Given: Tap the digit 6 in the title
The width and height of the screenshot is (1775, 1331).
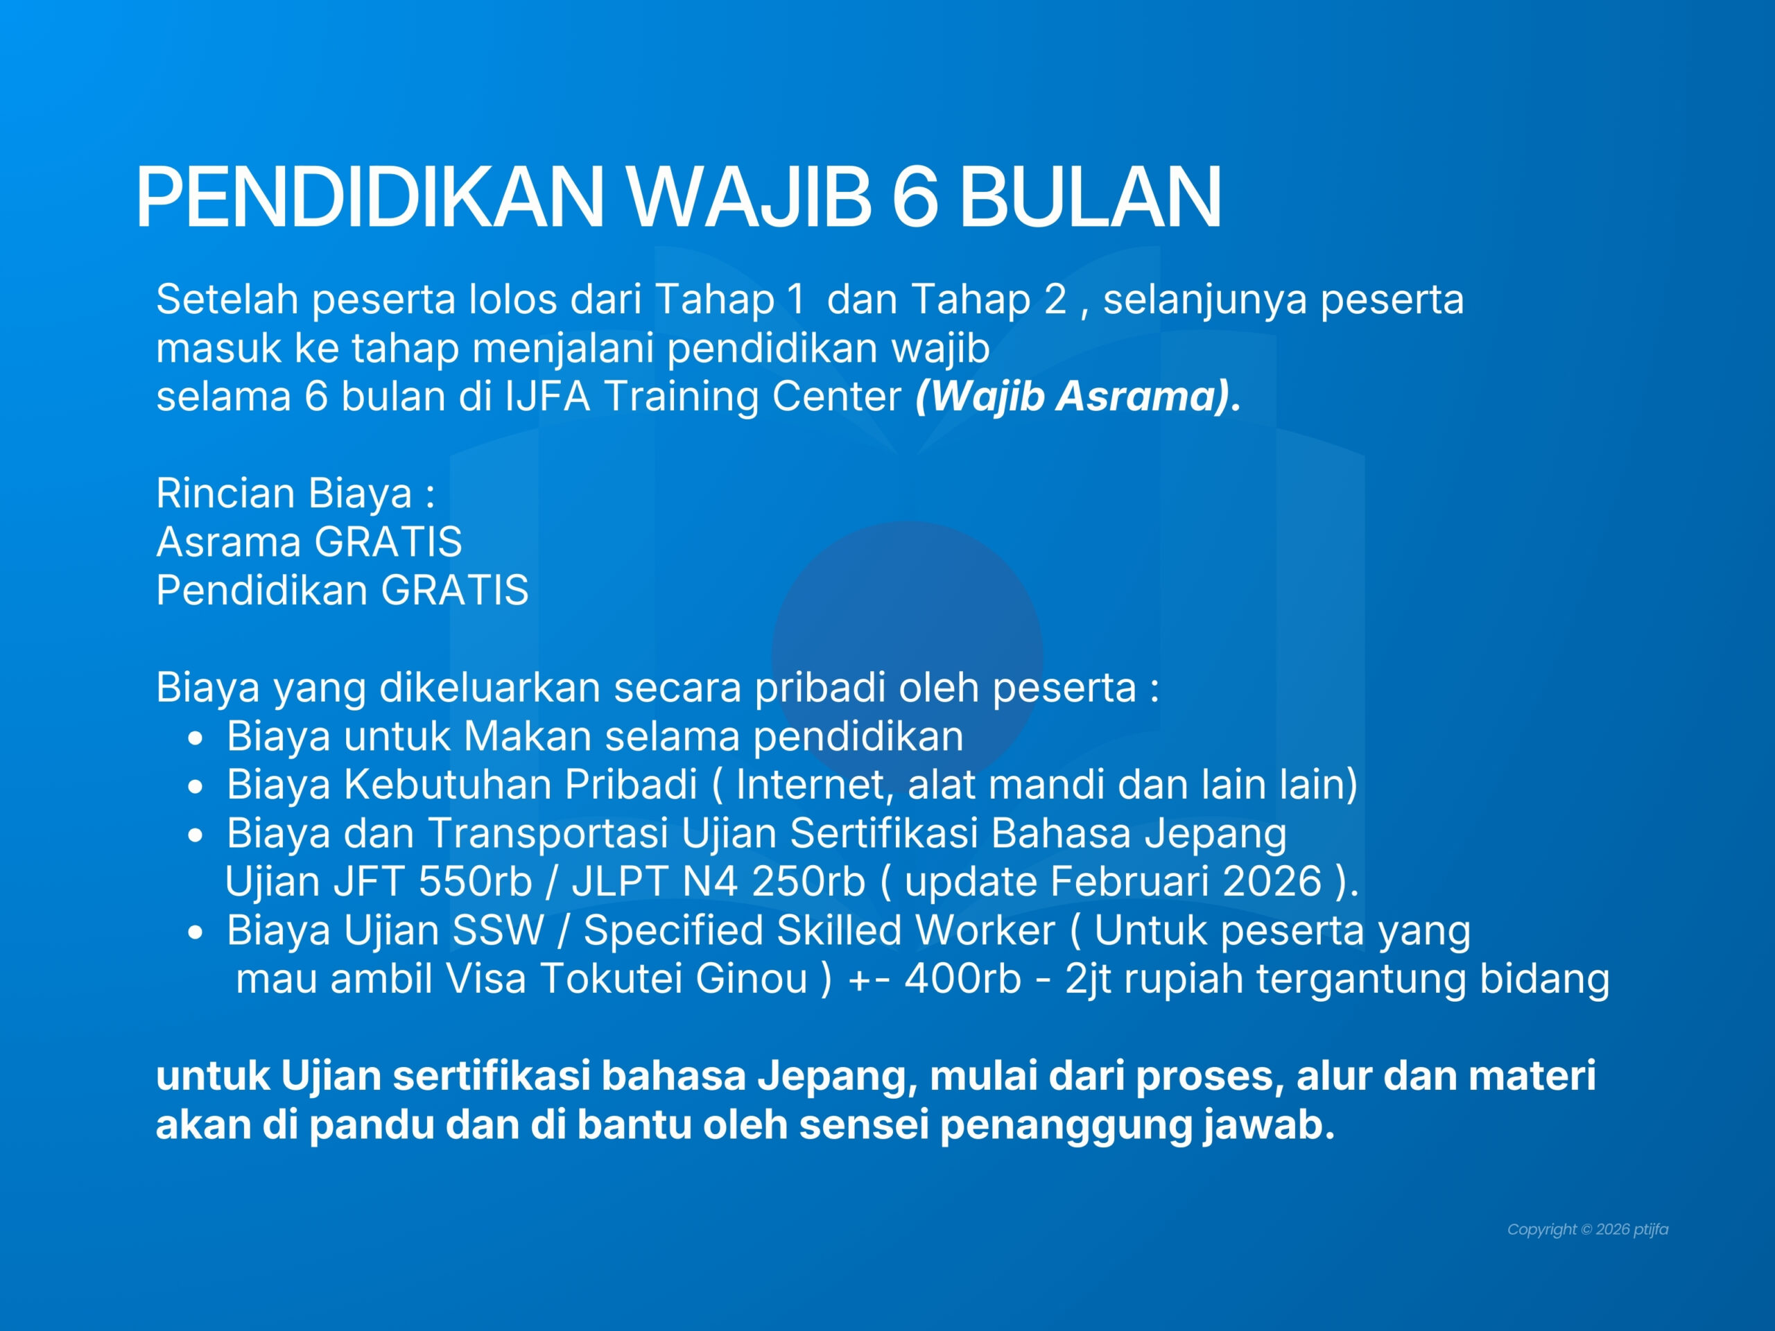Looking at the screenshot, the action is (914, 197).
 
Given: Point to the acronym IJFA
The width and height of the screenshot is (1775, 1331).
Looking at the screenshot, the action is (547, 397).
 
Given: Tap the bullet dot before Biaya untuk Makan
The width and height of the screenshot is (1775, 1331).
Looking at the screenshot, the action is (195, 738).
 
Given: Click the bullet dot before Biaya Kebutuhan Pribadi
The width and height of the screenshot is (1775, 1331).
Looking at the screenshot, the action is (195, 787).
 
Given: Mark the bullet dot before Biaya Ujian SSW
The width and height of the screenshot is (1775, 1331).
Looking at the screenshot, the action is (195, 933).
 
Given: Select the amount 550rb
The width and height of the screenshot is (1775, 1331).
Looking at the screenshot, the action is (476, 882).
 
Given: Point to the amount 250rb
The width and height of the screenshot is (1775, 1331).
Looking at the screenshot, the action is (809, 882).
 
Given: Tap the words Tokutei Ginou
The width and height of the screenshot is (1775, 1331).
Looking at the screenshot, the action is (674, 979).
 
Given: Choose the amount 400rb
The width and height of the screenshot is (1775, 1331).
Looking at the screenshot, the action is (963, 979).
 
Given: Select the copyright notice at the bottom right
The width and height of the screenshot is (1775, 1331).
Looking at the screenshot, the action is (1587, 1229).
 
